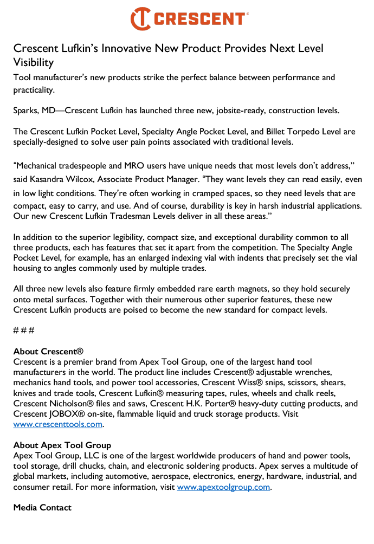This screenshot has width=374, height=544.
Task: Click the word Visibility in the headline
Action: click(x=33, y=62)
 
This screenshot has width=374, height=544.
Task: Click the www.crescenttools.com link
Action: click(x=58, y=424)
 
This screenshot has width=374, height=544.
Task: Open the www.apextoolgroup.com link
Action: click(x=223, y=487)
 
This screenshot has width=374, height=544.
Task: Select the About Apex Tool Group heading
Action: click(x=62, y=445)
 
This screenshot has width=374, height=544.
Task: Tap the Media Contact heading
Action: click(x=42, y=508)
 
